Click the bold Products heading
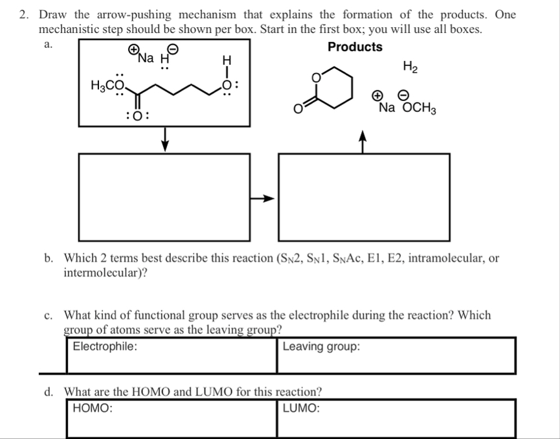pyautogui.click(x=355, y=47)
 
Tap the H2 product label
pyautogui.click(x=410, y=65)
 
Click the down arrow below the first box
pyautogui.click(x=166, y=138)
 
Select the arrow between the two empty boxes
pyautogui.click(x=263, y=199)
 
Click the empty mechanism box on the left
pyautogui.click(x=164, y=197)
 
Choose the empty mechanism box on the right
pyautogui.click(x=364, y=197)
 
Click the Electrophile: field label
pyautogui.click(x=104, y=346)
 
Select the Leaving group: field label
pyautogui.click(x=322, y=346)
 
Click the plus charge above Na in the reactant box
pyautogui.click(x=133, y=49)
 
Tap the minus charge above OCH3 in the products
pyautogui.click(x=403, y=95)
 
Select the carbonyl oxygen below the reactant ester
pyautogui.click(x=139, y=117)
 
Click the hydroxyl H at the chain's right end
pyautogui.click(x=226, y=60)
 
